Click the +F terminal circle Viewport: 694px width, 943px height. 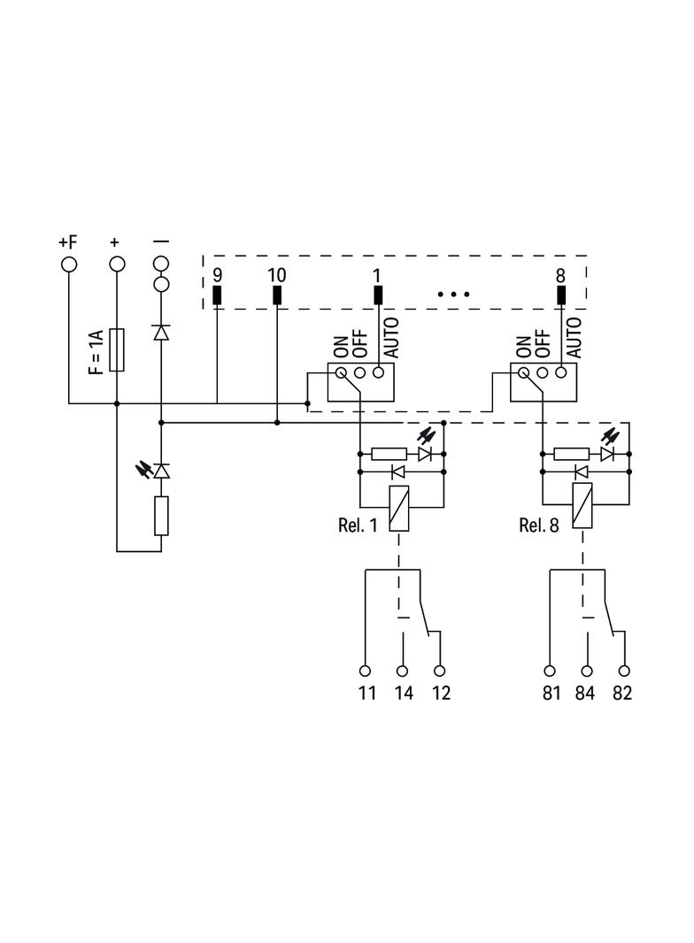pos(69,264)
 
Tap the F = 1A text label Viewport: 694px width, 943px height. pos(96,351)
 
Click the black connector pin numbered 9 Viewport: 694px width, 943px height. pos(217,295)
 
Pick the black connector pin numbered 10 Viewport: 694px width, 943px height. pos(277,295)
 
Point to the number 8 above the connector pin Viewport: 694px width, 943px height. pos(560,275)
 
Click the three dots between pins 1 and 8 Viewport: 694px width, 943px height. pos(453,294)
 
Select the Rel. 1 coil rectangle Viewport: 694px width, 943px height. pos(398,508)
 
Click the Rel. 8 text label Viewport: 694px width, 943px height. pos(539,525)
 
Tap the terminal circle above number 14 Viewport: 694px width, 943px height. pos(402,671)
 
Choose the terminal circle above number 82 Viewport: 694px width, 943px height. pos(624,671)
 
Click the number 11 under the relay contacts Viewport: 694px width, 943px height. pos(367,694)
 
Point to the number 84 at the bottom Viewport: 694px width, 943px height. pos(585,694)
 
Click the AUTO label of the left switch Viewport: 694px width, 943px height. pos(391,338)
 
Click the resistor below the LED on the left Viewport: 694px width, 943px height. pos(161,516)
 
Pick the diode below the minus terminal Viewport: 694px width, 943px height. pos(161,333)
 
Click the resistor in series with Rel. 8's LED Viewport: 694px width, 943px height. pos(571,454)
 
